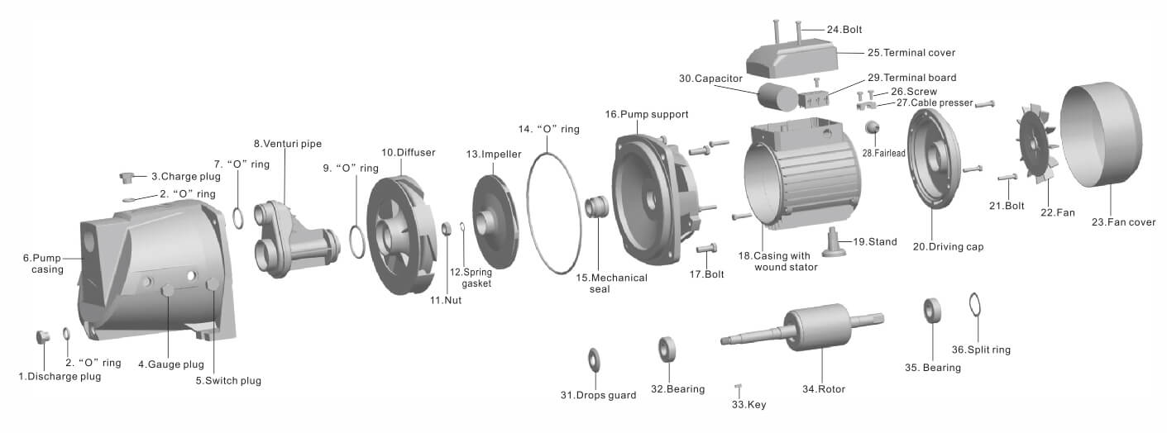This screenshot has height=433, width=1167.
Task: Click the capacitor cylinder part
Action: click(x=774, y=96)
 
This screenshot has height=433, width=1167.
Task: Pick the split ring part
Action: click(x=977, y=305)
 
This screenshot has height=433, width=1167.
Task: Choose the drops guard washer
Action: click(x=594, y=360)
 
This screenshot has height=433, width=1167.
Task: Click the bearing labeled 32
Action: click(x=667, y=349)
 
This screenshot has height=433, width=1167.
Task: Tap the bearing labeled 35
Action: click(x=933, y=312)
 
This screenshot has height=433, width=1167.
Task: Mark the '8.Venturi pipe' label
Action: click(x=287, y=144)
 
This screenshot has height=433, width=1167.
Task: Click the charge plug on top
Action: click(x=128, y=177)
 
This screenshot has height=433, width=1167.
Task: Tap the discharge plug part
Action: click(x=43, y=336)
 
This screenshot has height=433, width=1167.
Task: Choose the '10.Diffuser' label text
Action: click(x=408, y=153)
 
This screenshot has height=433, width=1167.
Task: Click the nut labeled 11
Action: click(x=446, y=229)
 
